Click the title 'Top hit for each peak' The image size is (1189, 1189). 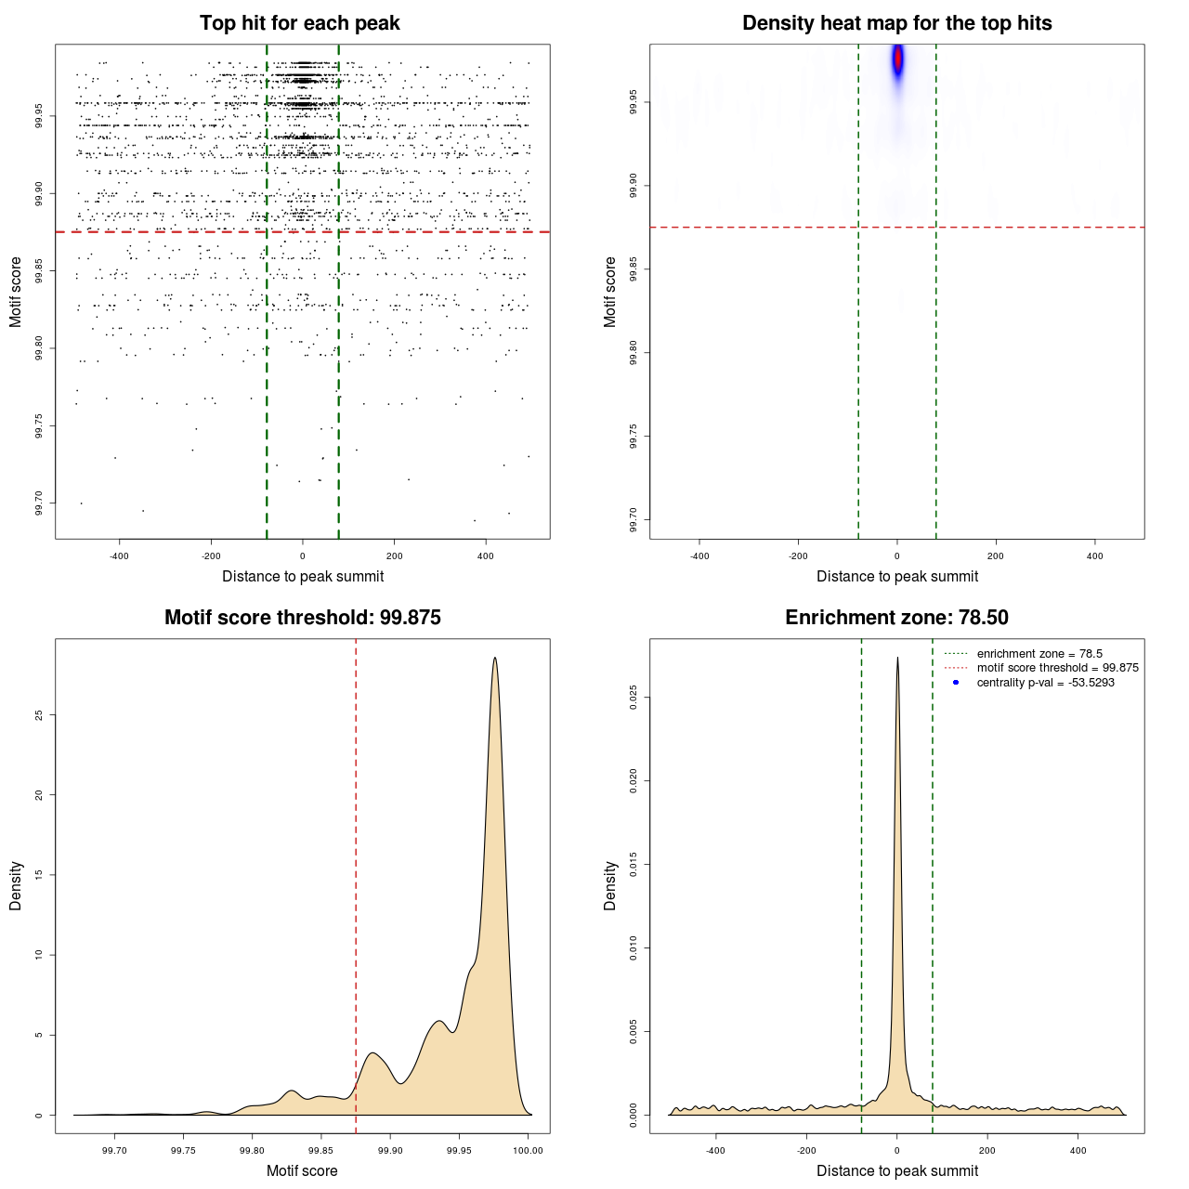click(x=299, y=23)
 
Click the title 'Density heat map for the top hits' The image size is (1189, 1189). click(x=896, y=23)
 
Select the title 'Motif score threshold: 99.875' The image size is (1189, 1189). click(x=302, y=618)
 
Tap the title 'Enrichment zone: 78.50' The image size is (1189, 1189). click(x=896, y=618)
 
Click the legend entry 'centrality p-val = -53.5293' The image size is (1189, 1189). click(x=1045, y=683)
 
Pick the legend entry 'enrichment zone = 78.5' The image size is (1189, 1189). click(x=1039, y=654)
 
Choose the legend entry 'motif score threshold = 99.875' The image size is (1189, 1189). click(x=1057, y=668)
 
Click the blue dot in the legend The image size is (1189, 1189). click(x=956, y=683)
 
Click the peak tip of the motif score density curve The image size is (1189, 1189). click(x=495, y=658)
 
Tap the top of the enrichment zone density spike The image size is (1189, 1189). click(x=897, y=658)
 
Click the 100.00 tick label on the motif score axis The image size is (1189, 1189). click(x=528, y=1150)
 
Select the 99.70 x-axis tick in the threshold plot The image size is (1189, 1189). click(x=114, y=1150)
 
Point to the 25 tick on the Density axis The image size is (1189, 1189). click(x=38, y=714)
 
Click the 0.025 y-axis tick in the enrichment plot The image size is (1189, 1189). click(x=633, y=697)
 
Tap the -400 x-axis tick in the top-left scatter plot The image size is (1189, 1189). click(x=119, y=555)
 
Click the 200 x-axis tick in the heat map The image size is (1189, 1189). click(x=996, y=555)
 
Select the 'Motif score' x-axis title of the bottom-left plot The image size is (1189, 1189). click(x=302, y=1170)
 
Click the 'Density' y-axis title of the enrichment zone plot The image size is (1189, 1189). click(x=610, y=885)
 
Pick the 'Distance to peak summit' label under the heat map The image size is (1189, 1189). click(x=896, y=576)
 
